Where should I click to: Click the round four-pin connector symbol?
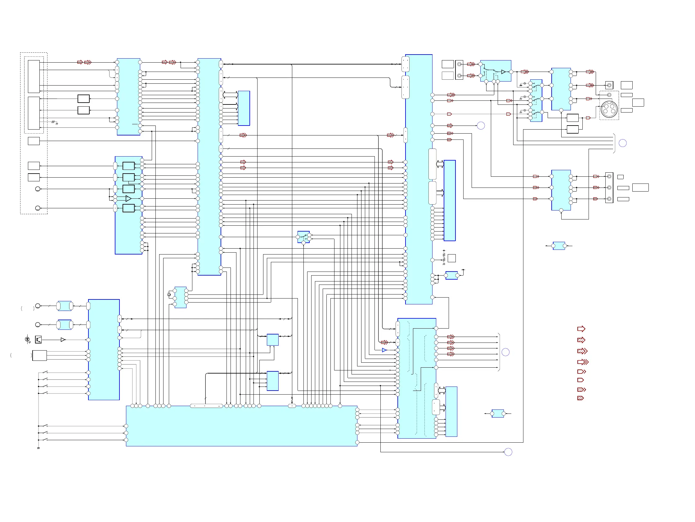coord(609,109)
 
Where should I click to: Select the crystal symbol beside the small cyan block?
coord(169,294)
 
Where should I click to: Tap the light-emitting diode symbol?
coord(27,339)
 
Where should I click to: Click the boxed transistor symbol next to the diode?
coord(38,339)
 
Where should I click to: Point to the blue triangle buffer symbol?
coord(384,350)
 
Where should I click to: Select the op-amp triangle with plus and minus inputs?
coord(128,198)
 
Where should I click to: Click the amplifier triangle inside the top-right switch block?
coord(503,72)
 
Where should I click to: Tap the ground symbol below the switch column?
coord(38,448)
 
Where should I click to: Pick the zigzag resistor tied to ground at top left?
coord(53,122)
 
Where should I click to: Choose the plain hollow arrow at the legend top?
coord(581,329)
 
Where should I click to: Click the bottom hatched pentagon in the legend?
coord(580,398)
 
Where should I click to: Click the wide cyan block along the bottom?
coord(241,426)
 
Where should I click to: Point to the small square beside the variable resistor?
coord(451,258)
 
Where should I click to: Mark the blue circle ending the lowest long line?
coord(508,452)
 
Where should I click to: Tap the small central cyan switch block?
coord(303,237)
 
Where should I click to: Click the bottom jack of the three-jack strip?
coord(609,199)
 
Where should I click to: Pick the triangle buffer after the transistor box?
coord(63,340)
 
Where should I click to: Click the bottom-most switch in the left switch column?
coord(45,440)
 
